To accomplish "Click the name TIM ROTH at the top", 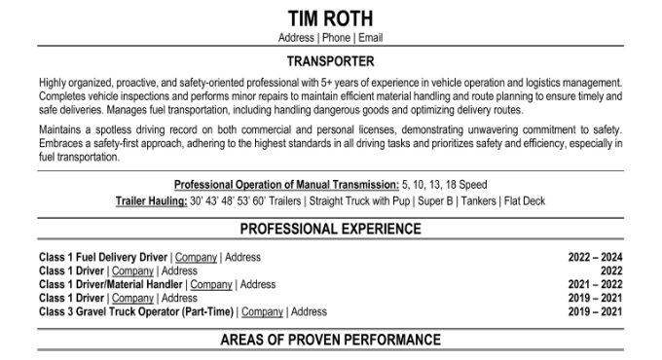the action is tap(330, 18).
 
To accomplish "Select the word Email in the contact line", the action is tap(370, 38).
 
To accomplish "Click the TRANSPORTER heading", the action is tap(330, 61).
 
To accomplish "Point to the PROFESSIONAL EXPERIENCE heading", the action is tap(330, 230).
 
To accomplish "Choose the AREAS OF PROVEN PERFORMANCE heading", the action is tap(330, 341).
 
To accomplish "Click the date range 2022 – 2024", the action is tap(595, 258).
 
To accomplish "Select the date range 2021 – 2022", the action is tap(595, 285).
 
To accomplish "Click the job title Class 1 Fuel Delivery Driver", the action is tap(103, 258).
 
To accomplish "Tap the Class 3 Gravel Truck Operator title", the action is tap(134, 312).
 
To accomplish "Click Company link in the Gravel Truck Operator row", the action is tap(262, 312).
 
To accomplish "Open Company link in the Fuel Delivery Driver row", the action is tap(196, 258).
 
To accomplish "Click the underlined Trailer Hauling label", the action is tap(150, 200).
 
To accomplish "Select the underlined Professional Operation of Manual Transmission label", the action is tap(286, 185).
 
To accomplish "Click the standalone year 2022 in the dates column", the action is tap(611, 271).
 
